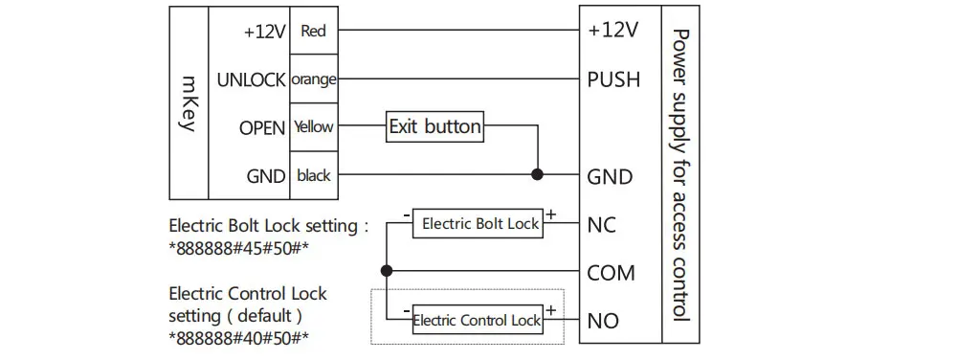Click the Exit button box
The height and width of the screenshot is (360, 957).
[x=435, y=127]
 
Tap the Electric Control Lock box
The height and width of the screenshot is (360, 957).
[x=478, y=319]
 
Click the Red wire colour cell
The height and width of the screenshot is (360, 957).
[x=314, y=31]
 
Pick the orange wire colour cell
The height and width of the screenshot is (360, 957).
[x=314, y=79]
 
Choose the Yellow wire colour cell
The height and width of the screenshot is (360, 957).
[x=314, y=127]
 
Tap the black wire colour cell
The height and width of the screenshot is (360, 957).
[x=314, y=176]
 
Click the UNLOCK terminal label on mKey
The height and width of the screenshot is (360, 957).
[x=251, y=79]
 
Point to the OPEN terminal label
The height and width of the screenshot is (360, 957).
[x=262, y=128]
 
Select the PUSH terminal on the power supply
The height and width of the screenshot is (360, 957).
[x=613, y=79]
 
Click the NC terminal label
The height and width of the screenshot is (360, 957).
[x=602, y=225]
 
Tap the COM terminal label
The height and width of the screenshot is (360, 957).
[x=611, y=273]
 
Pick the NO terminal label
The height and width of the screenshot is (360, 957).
[x=603, y=321]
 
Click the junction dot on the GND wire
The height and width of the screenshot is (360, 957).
[x=537, y=174]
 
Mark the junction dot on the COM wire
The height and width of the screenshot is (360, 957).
[x=386, y=271]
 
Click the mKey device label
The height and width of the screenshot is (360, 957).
[x=189, y=103]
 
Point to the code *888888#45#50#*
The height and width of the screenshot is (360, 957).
[x=235, y=249]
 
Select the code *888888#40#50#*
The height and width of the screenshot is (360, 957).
[x=239, y=338]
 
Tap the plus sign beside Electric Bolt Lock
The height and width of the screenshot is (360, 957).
[x=551, y=214]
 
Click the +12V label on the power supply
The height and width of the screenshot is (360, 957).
[x=612, y=30]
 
